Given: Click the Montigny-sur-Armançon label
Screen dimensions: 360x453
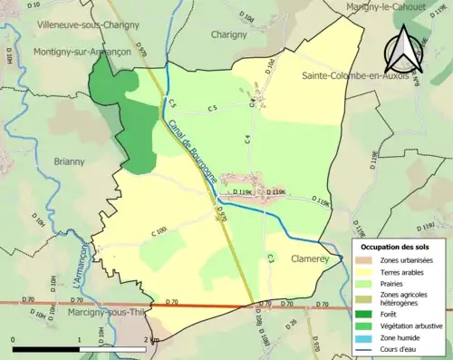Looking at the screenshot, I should [82, 52].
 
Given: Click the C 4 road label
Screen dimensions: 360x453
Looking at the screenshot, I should [246, 139].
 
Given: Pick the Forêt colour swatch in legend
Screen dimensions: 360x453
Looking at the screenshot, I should [361, 309].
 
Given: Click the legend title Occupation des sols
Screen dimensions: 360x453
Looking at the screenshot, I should [395, 246].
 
